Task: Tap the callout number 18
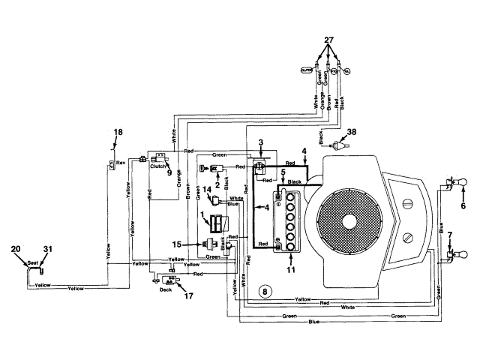coord(117,133)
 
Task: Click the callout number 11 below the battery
coord(292,268)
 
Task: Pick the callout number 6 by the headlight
coord(463,205)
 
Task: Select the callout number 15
coord(177,244)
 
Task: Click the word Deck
coord(165,290)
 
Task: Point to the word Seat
coord(32,262)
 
